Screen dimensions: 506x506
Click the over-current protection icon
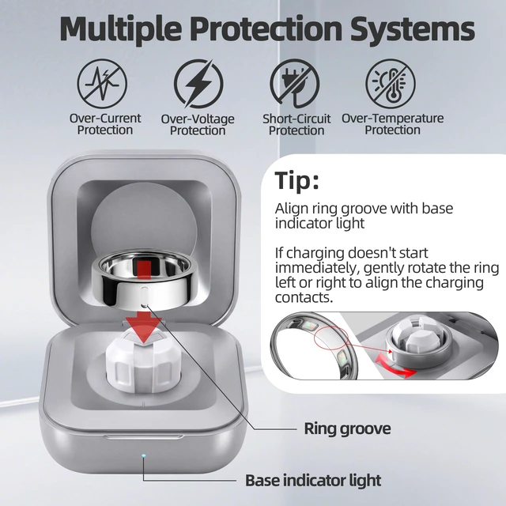[x=102, y=84]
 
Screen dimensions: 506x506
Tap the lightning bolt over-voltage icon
[x=198, y=84]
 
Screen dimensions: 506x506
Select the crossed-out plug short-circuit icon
[x=295, y=84]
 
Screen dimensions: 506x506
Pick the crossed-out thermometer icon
[x=391, y=84]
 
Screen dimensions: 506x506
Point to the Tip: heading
[x=297, y=181]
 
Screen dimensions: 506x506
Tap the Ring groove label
[x=347, y=429]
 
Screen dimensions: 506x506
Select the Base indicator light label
[x=313, y=480]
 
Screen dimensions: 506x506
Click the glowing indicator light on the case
[x=144, y=455]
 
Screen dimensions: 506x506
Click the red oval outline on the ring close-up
[x=331, y=338]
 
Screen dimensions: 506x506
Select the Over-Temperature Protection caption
[x=392, y=124]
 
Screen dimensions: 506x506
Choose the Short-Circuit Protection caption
[x=296, y=125]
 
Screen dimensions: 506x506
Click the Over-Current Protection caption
[x=105, y=124]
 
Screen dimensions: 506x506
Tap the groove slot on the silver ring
[x=144, y=296]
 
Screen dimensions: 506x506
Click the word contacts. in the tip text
[x=304, y=297]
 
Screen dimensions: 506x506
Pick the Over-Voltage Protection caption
[x=198, y=125]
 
